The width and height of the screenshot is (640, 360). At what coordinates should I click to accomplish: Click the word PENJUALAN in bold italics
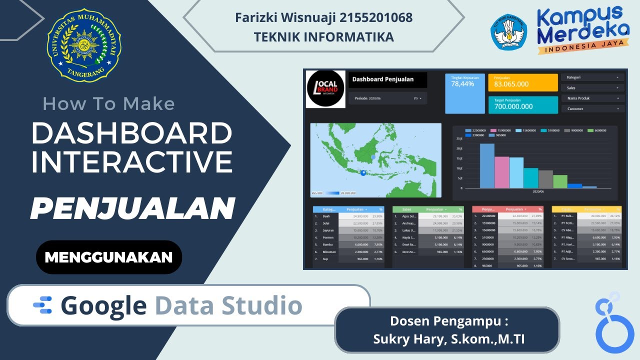point(132,208)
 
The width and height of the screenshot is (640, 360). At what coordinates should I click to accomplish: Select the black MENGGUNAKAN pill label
point(108,257)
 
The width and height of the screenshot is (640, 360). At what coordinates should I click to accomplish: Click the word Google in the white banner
point(104,305)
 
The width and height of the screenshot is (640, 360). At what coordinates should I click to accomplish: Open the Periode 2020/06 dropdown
point(387,98)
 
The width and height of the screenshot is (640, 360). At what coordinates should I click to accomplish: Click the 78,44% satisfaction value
point(462,84)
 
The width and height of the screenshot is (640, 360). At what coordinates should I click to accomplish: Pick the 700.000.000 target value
point(513,106)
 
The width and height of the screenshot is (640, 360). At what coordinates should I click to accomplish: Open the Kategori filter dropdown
point(593,77)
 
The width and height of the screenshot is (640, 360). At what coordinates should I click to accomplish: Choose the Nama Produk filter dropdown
point(593,98)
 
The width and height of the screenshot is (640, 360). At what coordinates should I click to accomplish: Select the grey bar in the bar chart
point(545,179)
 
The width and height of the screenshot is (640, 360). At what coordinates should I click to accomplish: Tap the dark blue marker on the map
point(363,173)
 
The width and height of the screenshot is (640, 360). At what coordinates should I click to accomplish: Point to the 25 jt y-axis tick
point(459,138)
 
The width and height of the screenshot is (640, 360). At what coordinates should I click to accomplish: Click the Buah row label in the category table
point(326,216)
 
